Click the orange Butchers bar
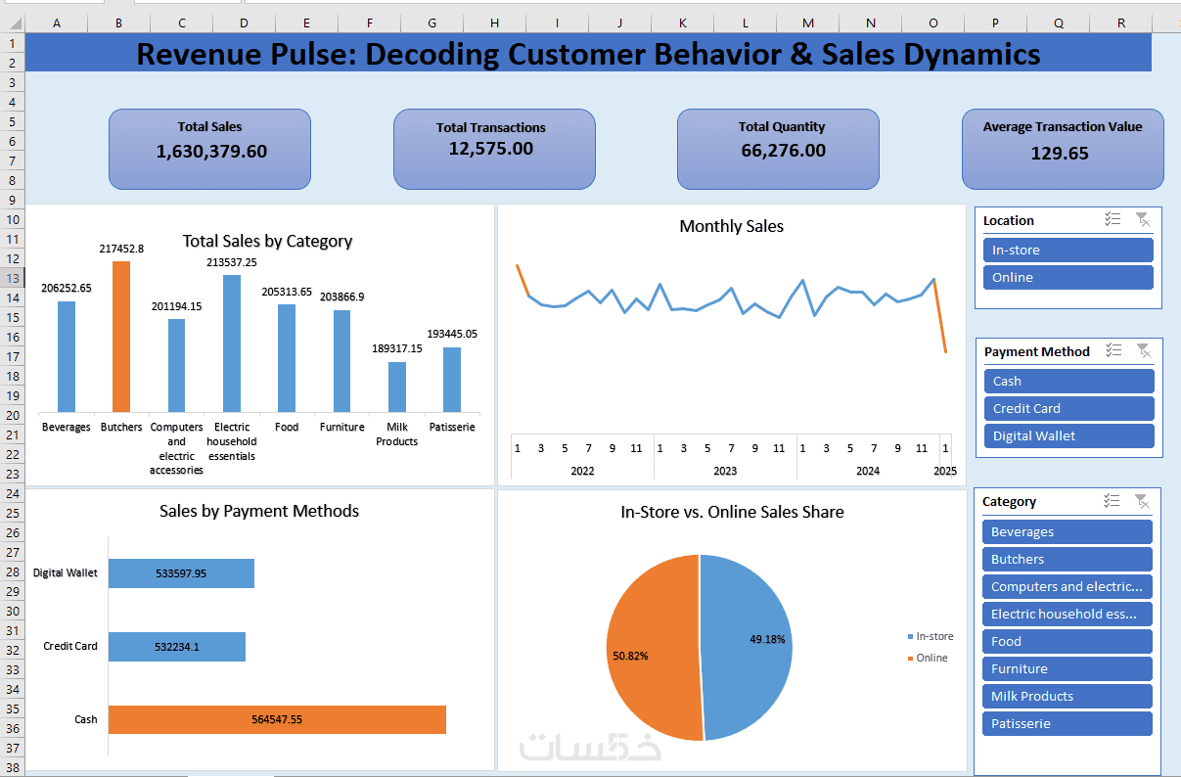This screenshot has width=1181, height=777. (x=121, y=337)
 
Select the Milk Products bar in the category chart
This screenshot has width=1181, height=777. (x=397, y=387)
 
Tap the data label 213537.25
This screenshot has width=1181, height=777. (x=232, y=262)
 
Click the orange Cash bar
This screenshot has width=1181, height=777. (x=277, y=719)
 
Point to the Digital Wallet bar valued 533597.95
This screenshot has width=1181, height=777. (x=181, y=573)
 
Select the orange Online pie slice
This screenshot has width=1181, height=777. (x=654, y=647)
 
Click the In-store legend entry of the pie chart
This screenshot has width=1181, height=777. (x=931, y=636)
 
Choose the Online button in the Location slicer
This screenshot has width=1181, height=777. (x=1068, y=277)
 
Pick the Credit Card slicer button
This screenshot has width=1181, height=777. (x=1068, y=408)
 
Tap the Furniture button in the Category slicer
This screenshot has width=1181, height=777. (x=1067, y=669)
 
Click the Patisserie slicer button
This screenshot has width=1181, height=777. (x=1067, y=724)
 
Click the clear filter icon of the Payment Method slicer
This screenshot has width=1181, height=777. (x=1144, y=350)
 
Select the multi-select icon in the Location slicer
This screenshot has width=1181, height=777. (x=1113, y=219)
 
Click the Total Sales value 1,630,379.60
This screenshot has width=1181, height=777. (x=211, y=152)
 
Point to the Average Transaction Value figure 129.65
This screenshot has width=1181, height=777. (x=1060, y=154)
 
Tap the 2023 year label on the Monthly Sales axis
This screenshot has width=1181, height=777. (x=725, y=471)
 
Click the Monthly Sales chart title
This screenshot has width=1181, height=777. (x=731, y=226)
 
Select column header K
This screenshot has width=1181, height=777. (x=683, y=23)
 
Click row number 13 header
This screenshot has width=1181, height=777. (x=13, y=278)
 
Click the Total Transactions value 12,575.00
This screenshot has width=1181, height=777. (x=491, y=149)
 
